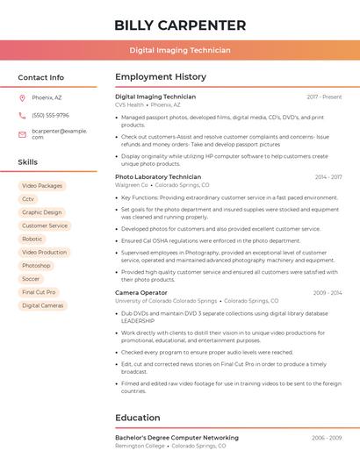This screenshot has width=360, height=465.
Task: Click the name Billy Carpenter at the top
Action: pos(180,25)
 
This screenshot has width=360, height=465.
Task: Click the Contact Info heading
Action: pos(41,77)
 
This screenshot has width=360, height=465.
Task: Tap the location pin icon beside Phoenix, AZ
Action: pos(22,97)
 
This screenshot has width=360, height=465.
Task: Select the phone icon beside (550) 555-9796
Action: pos(22,116)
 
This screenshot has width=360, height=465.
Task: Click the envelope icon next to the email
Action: pos(22,134)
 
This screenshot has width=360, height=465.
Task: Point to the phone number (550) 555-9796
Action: pos(50,116)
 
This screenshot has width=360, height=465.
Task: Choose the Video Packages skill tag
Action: pos(42,186)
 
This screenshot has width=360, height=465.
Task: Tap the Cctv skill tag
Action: pos(28,199)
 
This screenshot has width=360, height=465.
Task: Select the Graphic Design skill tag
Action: pos(42,212)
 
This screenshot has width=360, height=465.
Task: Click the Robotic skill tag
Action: pos(32,239)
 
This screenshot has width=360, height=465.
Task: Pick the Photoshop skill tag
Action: pos(36,266)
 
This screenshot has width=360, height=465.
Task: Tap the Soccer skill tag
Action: pos(31,279)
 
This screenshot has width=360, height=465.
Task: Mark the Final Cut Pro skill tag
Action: pos(39,292)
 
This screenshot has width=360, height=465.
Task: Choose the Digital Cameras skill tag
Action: pos(43,305)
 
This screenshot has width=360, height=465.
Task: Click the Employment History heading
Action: pos(161,77)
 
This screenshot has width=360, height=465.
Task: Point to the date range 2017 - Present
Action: pos(324,97)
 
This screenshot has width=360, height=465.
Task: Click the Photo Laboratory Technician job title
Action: pos(158,177)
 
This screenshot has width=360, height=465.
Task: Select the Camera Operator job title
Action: pos(140,292)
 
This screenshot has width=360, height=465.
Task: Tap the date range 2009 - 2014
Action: pos(327,292)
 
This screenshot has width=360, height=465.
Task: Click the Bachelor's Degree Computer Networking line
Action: pos(176,437)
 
